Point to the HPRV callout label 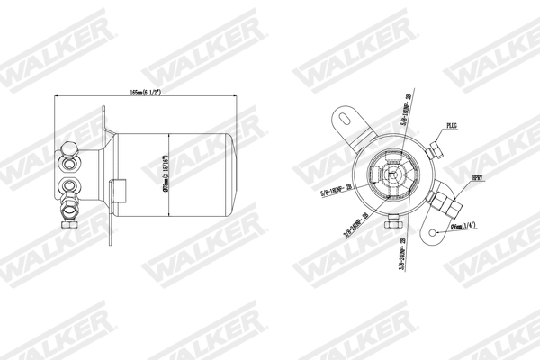(479, 181)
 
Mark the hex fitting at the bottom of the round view (393, 220)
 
